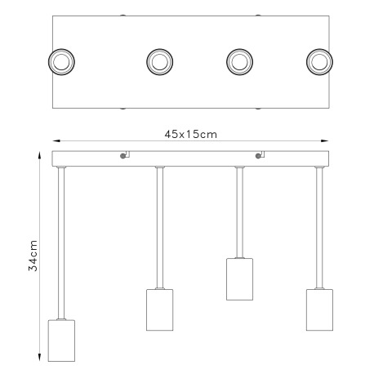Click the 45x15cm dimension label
[190, 135]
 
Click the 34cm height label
[33, 256]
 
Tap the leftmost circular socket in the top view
[61, 62]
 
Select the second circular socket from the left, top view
[160, 62]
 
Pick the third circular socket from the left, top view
[239, 62]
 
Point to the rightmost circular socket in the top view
[319, 62]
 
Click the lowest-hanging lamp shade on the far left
[61, 341]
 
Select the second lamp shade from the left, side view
[160, 309]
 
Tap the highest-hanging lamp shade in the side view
[239, 279]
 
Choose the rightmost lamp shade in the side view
[319, 309]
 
